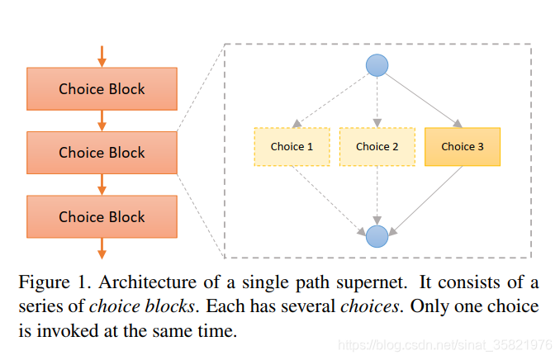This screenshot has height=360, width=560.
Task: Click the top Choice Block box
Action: tap(102, 88)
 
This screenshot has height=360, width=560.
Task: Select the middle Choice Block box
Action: tap(102, 153)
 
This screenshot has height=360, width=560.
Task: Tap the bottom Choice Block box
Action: tap(102, 217)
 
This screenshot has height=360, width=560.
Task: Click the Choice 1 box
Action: tap(292, 147)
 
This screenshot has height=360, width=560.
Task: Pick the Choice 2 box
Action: tap(377, 147)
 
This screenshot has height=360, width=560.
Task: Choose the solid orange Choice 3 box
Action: tap(463, 147)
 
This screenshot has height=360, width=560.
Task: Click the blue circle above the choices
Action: tap(377, 64)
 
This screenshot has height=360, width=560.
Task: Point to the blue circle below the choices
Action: tap(377, 236)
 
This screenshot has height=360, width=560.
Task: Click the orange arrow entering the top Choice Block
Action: tap(102, 56)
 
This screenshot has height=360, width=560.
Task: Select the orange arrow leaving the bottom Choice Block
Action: tap(102, 249)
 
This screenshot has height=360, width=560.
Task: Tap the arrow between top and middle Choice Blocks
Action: tap(102, 121)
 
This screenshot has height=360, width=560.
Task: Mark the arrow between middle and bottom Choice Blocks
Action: tap(102, 185)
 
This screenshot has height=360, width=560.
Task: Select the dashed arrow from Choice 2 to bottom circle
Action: tap(377, 197)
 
